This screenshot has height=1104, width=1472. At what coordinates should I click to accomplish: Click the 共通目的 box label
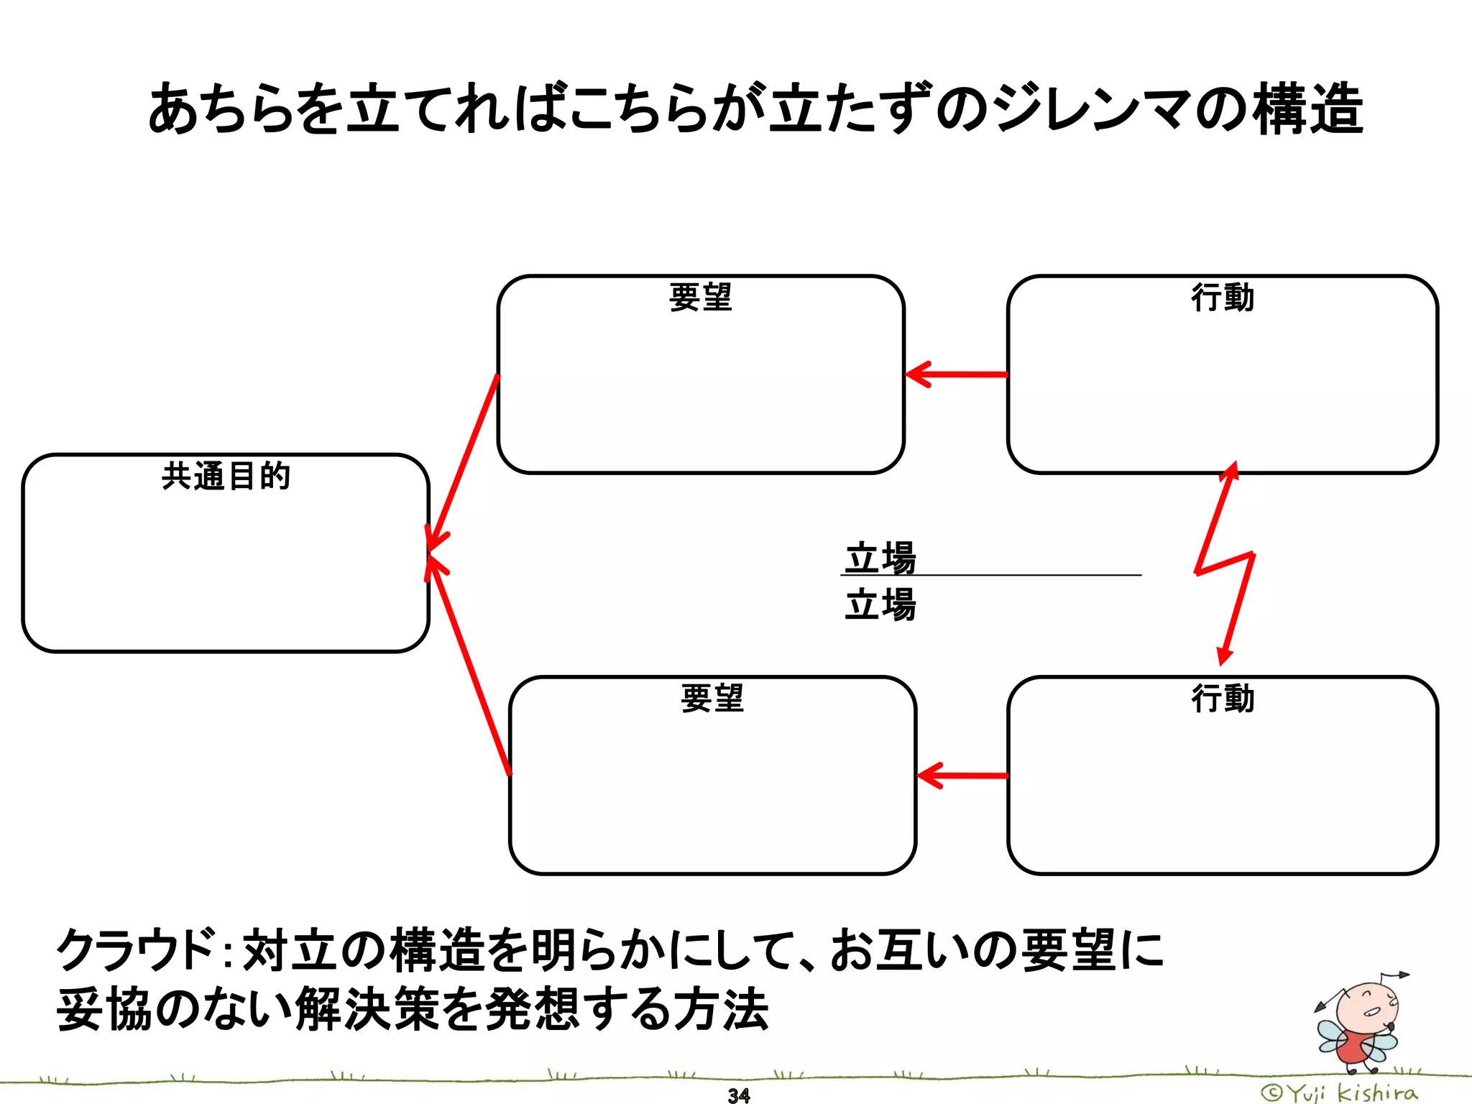click(226, 477)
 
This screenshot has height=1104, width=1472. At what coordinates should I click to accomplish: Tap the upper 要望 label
click(700, 298)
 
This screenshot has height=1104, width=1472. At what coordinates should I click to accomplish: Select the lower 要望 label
click(712, 698)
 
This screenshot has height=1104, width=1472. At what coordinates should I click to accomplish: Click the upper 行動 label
click(1223, 298)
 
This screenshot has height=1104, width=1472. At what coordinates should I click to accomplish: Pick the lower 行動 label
click(1223, 698)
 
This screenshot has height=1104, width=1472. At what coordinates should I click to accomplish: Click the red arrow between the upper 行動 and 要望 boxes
click(956, 374)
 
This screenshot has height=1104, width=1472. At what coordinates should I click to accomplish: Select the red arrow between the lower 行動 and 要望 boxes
click(962, 776)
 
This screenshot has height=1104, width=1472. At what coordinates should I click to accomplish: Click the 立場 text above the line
click(880, 558)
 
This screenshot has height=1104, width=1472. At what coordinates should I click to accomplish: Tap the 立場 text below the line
click(880, 604)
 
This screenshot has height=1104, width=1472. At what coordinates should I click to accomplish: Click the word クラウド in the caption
click(137, 949)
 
